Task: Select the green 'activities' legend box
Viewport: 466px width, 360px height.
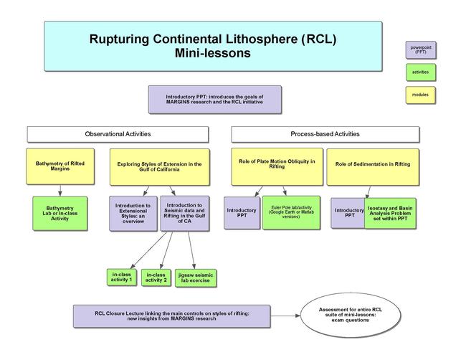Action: [421, 72]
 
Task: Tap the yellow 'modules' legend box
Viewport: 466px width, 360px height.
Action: [421, 94]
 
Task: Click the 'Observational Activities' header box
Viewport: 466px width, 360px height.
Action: [118, 134]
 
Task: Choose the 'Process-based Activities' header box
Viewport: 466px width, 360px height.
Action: [325, 134]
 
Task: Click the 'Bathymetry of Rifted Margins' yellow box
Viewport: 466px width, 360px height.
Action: [60, 166]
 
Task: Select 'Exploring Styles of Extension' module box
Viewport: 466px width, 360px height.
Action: [160, 166]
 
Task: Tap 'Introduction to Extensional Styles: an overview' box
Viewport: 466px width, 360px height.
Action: [133, 213]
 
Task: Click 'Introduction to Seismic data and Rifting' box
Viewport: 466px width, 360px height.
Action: [184, 213]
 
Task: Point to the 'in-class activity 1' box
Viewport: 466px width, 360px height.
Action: [121, 276]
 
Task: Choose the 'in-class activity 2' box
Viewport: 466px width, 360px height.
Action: [156, 278]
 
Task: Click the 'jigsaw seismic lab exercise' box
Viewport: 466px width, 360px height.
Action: [196, 278]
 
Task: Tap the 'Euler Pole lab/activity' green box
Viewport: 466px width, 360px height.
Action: [290, 212]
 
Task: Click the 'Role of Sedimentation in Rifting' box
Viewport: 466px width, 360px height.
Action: [373, 166]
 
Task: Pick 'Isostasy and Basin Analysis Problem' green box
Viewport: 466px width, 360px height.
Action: [389, 212]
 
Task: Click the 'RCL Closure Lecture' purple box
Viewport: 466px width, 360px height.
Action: [171, 316]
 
